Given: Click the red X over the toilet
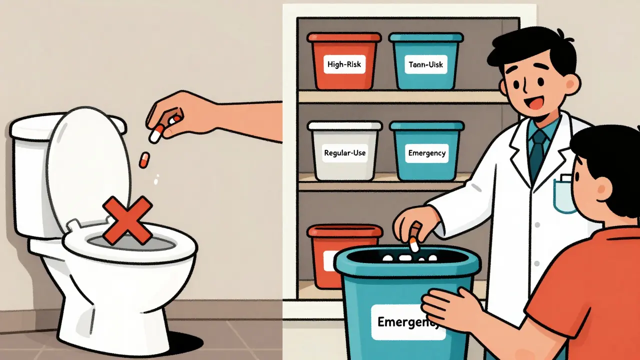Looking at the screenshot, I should click(x=127, y=219).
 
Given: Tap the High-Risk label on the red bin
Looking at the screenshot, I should click(x=345, y=64).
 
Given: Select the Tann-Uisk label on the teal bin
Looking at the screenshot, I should click(x=425, y=64).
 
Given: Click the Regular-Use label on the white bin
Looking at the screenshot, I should click(x=345, y=153).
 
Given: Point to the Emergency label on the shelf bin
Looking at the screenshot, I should click(x=426, y=153).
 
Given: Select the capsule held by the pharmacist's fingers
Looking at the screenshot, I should click(x=413, y=244).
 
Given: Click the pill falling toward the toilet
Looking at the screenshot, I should click(x=144, y=159).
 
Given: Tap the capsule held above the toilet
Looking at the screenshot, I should click(x=157, y=133).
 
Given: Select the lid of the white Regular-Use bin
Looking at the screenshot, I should click(x=344, y=125).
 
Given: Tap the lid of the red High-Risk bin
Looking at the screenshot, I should click(x=344, y=37).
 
